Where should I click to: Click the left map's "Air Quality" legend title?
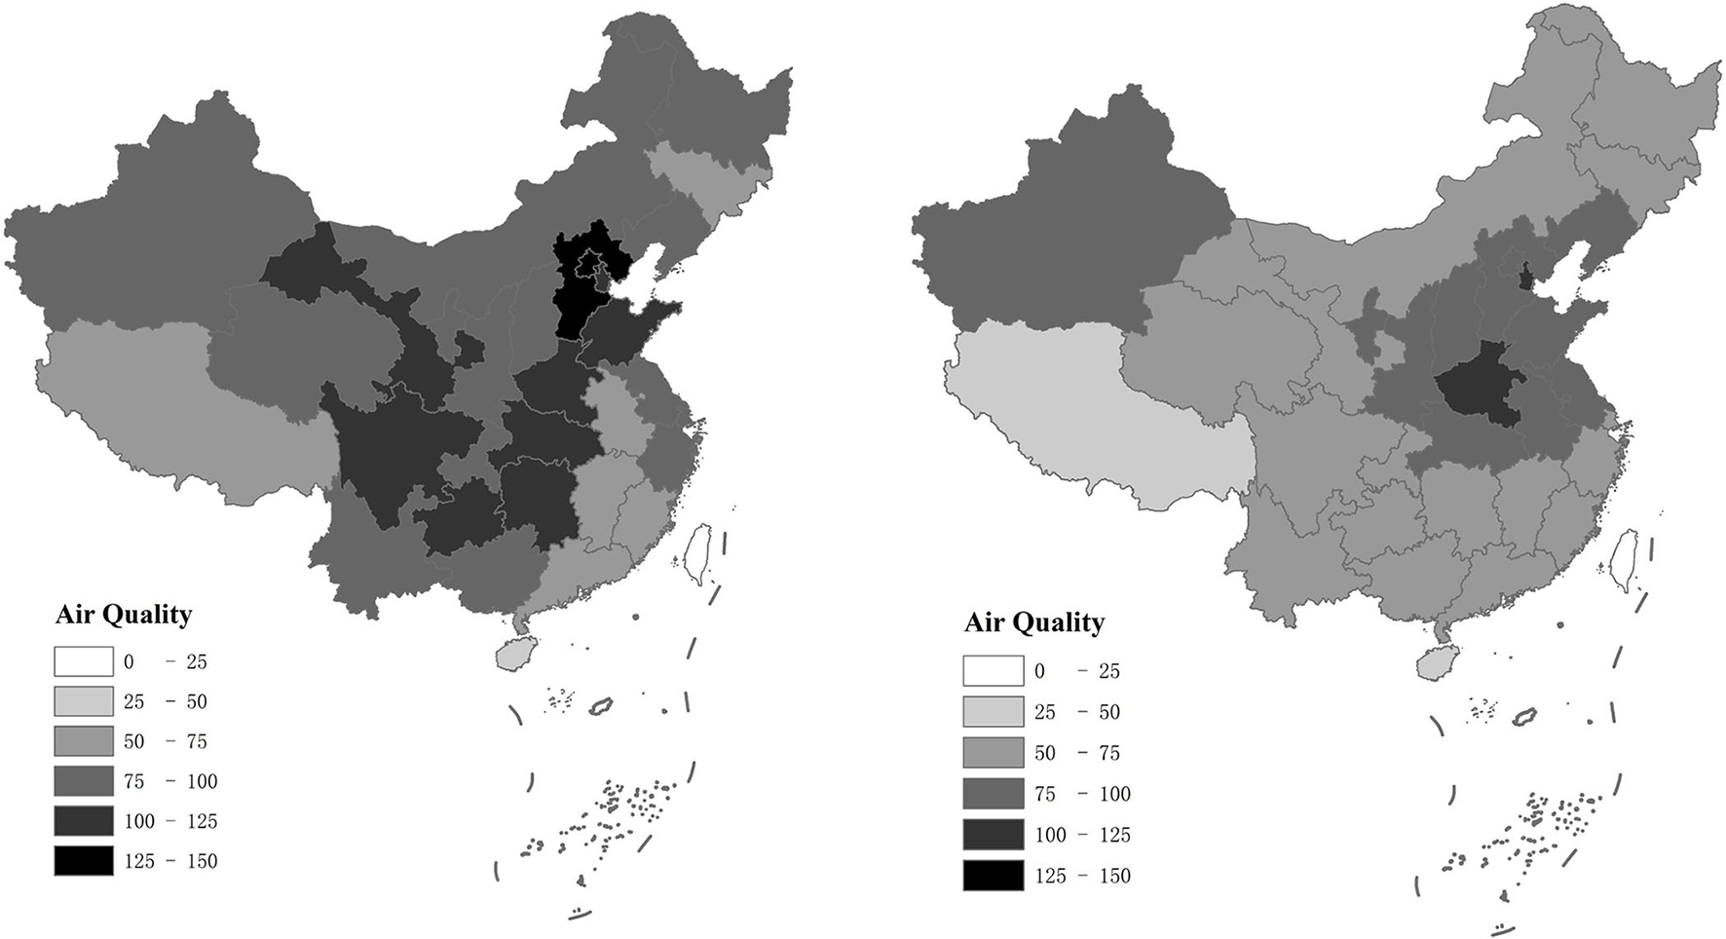tap(124, 615)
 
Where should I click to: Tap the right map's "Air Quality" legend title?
tap(1033, 622)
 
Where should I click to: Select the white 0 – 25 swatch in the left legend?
tap(84, 662)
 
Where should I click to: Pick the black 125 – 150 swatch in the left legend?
tap(84, 861)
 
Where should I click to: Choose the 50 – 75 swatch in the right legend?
tap(994, 753)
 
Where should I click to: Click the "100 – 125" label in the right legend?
tap(1082, 835)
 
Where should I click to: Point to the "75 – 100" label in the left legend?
tap(170, 781)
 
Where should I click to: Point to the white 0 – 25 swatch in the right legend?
tap(994, 671)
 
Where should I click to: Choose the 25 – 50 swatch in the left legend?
tap(84, 702)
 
